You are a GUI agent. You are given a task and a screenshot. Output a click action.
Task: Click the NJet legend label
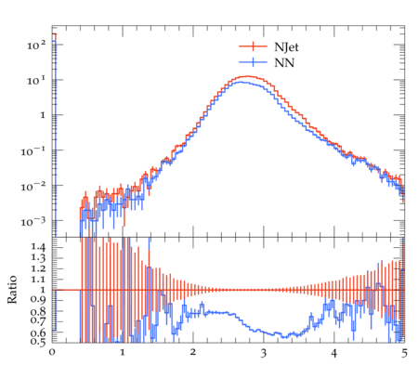tap(286, 47)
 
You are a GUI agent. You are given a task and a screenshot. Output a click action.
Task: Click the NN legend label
tap(284, 63)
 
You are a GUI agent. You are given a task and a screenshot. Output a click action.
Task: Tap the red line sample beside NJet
tap(253, 46)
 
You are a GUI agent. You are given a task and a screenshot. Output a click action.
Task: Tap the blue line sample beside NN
tap(253, 62)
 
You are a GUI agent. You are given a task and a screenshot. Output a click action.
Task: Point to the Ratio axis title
tap(12, 289)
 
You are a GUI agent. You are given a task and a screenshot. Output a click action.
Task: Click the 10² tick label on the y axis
tap(36, 46)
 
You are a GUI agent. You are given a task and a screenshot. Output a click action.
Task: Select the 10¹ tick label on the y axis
tap(36, 81)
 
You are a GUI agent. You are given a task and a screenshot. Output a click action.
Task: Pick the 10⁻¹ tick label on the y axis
tap(33, 151)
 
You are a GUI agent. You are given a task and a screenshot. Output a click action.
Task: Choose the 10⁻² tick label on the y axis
tap(33, 187)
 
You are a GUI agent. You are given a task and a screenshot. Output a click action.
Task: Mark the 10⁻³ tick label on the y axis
tap(33, 222)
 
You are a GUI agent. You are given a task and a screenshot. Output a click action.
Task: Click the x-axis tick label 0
tap(52, 352)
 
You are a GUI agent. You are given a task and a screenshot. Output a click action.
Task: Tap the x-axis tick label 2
tap(193, 352)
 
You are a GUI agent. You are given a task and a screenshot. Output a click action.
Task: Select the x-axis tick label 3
tap(264, 353)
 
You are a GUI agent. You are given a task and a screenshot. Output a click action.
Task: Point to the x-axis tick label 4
tap(333, 353)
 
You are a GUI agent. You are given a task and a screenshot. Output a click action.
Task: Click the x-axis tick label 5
tap(404, 353)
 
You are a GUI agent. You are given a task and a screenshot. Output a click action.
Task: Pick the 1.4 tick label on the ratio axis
tap(38, 247)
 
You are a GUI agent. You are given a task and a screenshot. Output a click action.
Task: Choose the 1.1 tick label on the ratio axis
tap(38, 280)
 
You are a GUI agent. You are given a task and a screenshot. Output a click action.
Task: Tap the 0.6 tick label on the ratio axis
tap(38, 332)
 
